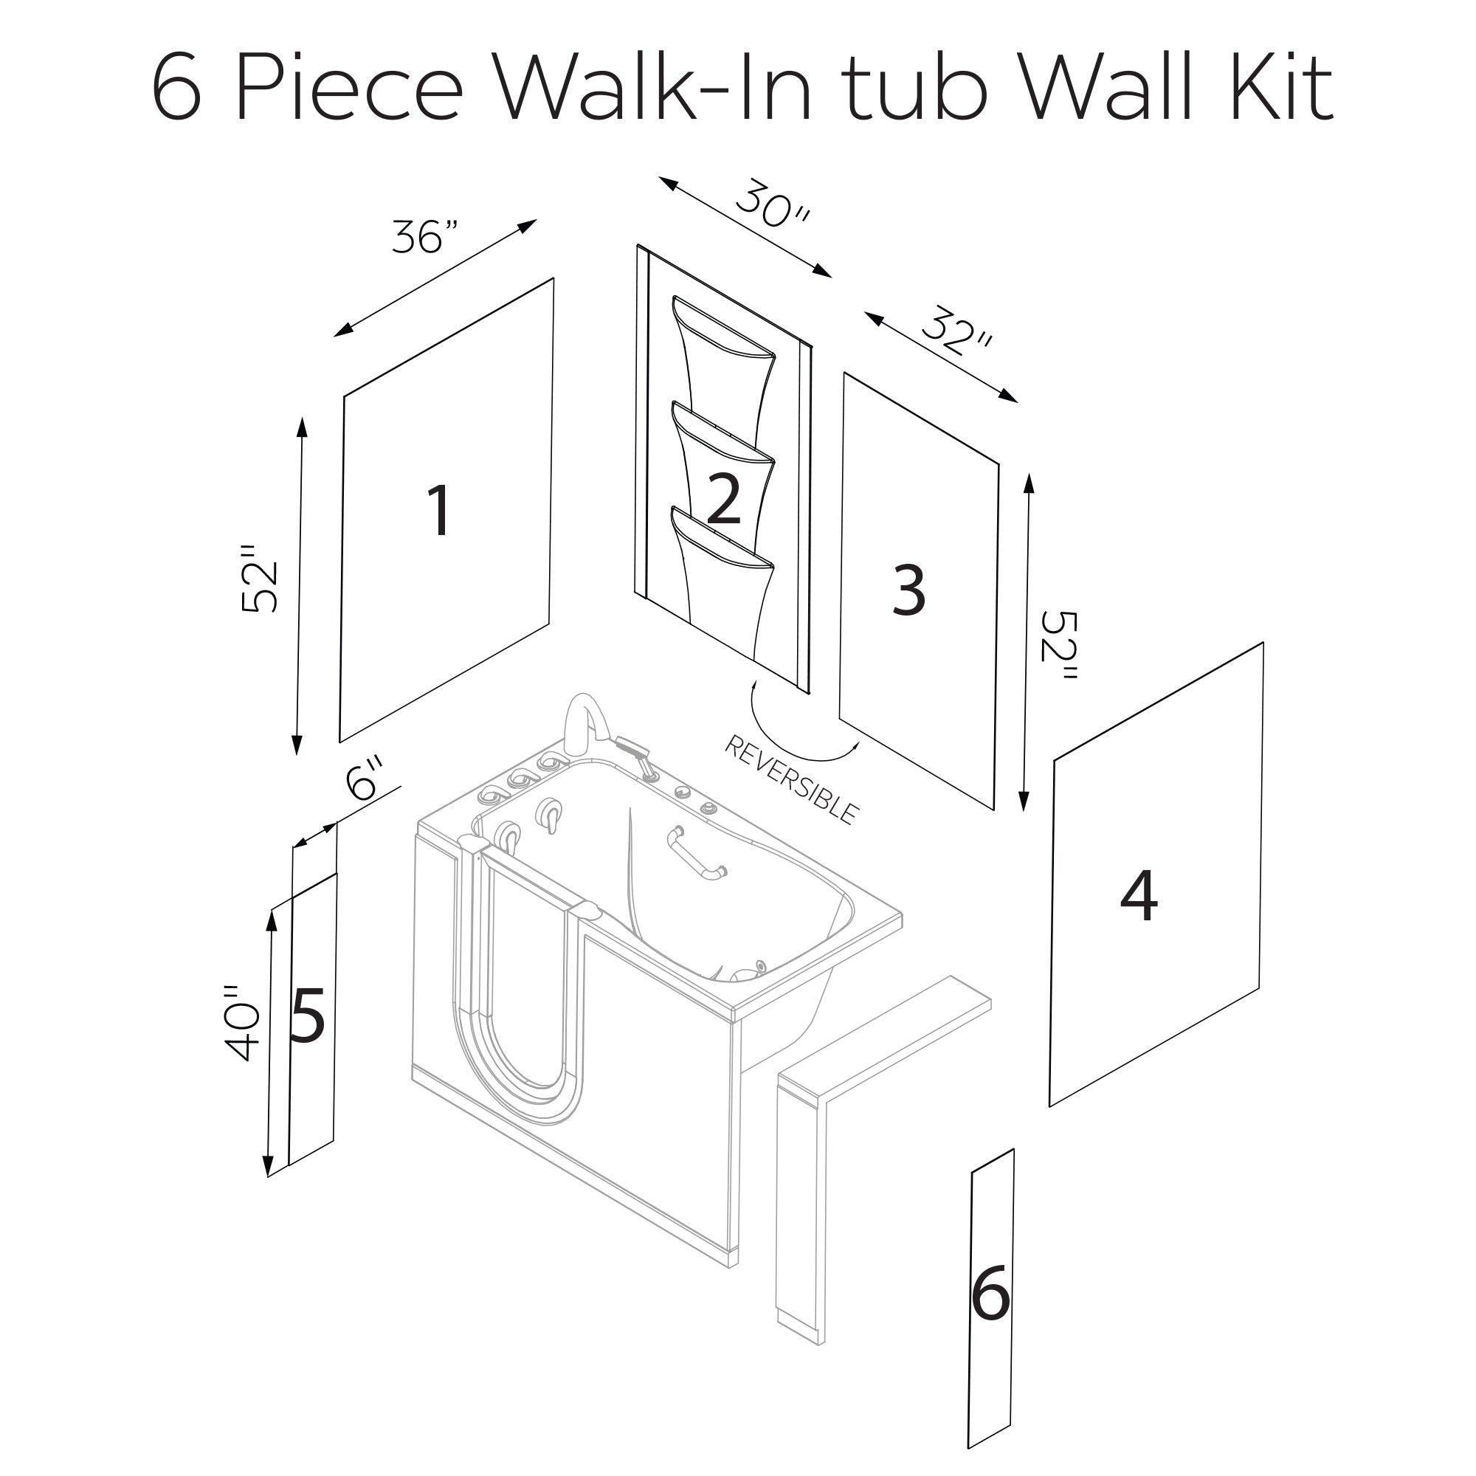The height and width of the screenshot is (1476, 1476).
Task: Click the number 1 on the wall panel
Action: click(439, 511)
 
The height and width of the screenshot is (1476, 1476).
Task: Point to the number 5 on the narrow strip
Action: click(308, 1015)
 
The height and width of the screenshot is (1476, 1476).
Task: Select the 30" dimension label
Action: click(772, 204)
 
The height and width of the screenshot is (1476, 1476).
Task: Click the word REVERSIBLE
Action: click(791, 780)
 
